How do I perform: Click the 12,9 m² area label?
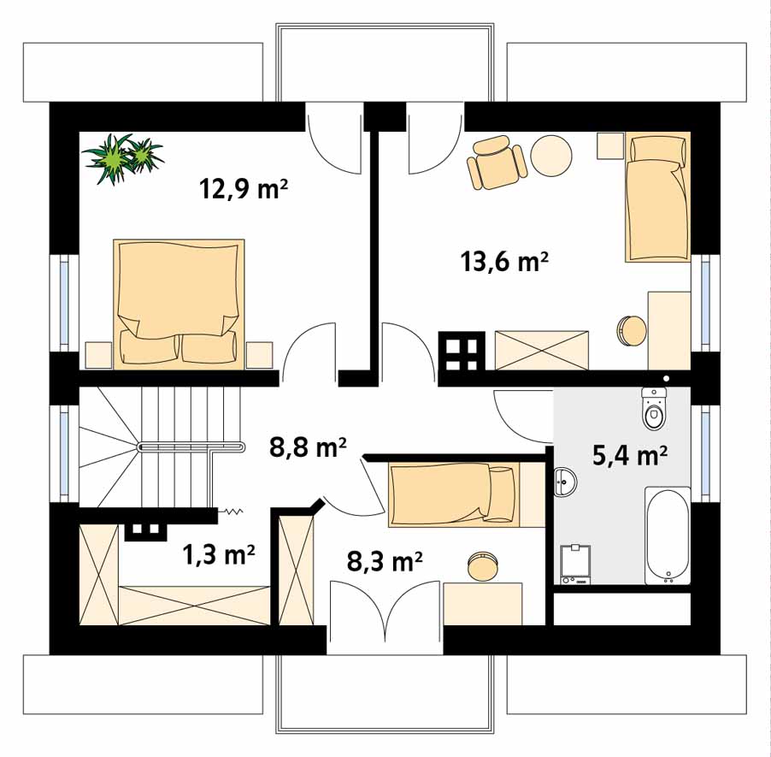[x=244, y=188]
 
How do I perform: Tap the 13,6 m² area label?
[x=504, y=261]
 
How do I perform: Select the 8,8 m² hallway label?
[x=308, y=447]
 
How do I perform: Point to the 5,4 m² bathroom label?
[x=629, y=455]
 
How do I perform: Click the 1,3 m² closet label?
[x=218, y=555]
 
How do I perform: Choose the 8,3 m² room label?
[x=385, y=561]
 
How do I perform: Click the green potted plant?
[x=122, y=157]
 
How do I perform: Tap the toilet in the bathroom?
[x=654, y=408]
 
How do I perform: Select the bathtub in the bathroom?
[x=668, y=535]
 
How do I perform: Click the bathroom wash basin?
[x=566, y=482]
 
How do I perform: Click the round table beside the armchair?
[x=551, y=156]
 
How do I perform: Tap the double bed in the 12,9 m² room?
[x=179, y=304]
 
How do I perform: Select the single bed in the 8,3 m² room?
[x=454, y=494]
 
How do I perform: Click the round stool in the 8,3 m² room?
[x=482, y=566]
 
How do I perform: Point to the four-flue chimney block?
[x=462, y=351]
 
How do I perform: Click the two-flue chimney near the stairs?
[x=143, y=530]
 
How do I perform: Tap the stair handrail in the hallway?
[x=191, y=447]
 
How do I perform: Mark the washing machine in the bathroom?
[x=576, y=565]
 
